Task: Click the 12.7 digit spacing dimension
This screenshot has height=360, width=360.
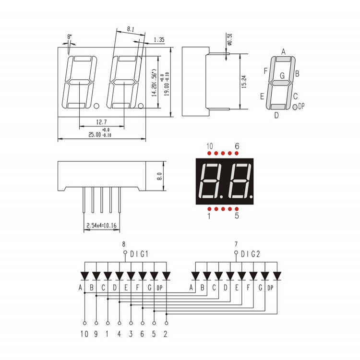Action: click(101, 122)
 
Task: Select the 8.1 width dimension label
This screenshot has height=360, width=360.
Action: click(131, 29)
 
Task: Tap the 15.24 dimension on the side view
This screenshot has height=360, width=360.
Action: click(244, 81)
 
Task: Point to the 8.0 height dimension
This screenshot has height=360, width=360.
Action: click(159, 176)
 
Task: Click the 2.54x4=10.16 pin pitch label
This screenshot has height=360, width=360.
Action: click(103, 225)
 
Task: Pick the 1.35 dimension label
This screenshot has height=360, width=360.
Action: click(159, 39)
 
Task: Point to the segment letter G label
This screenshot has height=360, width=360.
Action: click(282, 75)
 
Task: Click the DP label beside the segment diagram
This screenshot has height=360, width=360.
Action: click(301, 107)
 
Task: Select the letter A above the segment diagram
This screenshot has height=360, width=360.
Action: click(284, 51)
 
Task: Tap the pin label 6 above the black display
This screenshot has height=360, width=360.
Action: click(237, 146)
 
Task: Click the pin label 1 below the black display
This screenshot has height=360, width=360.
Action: click(209, 216)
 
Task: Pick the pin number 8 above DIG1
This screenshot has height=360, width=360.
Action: click(124, 244)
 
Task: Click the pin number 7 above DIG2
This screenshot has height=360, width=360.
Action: click(236, 244)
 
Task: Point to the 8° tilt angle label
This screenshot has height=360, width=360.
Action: click(69, 36)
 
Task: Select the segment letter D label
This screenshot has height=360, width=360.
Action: click(276, 115)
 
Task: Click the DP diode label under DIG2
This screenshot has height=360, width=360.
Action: click(270, 288)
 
